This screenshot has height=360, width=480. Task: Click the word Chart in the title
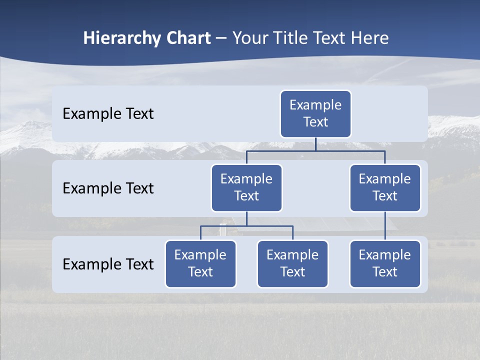[189, 38]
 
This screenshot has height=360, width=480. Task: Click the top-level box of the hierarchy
[315, 114]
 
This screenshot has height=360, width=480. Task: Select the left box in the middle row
[246, 188]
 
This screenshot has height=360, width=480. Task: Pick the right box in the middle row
[385, 188]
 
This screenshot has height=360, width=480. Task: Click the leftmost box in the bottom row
[200, 264]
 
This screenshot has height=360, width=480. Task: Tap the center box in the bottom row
[292, 264]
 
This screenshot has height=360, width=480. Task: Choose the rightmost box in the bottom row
[385, 264]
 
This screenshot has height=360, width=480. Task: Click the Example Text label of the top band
[108, 114]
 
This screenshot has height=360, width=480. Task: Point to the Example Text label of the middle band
[108, 188]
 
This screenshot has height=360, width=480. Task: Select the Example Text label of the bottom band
[108, 264]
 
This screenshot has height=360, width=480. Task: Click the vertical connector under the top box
[315, 144]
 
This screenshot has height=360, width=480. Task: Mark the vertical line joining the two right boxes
[385, 226]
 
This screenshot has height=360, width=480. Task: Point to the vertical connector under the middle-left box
[246, 219]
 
